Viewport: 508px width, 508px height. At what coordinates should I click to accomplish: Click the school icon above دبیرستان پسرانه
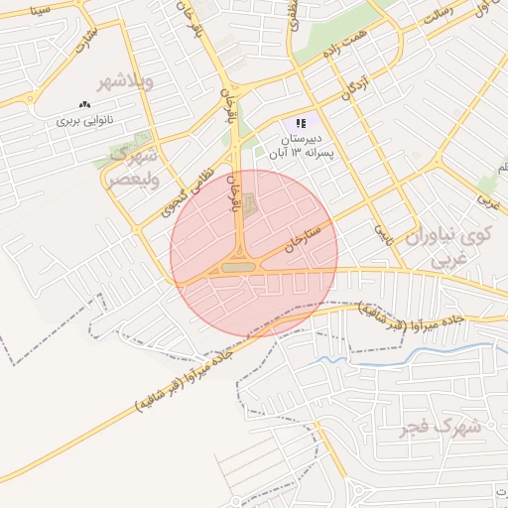tap(300, 124)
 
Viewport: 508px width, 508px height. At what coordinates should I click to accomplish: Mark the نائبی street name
tap(380, 234)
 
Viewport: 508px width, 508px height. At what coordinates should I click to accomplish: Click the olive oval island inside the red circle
tap(237, 267)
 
